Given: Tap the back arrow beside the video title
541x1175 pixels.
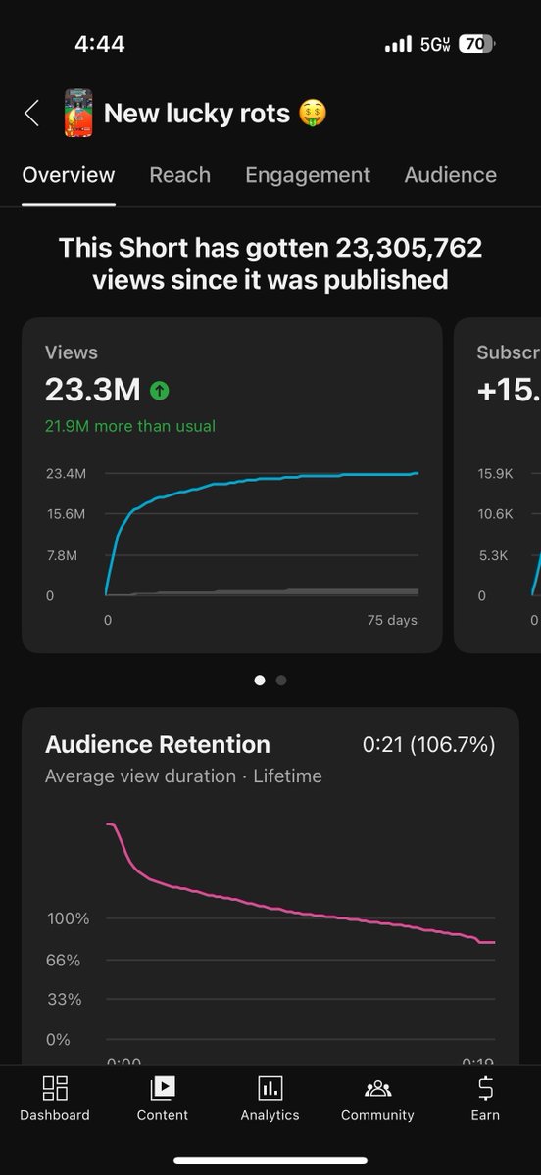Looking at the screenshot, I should (31, 114).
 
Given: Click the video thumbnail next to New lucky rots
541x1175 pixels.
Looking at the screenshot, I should (78, 113).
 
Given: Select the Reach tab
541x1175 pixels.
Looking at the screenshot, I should (179, 175).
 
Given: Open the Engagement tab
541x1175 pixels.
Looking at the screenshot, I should (308, 175).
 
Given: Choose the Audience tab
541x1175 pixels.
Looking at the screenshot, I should (450, 175).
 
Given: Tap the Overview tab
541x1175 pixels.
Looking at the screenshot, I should (69, 175).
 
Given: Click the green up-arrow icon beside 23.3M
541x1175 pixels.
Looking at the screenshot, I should (160, 391).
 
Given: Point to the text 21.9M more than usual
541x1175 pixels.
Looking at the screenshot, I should (130, 426).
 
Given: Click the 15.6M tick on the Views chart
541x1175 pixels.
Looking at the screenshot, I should (66, 514).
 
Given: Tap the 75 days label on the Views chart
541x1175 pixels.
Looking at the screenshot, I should (392, 620).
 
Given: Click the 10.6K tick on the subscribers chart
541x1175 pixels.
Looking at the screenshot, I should (495, 514).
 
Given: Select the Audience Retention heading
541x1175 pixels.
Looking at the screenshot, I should (158, 744).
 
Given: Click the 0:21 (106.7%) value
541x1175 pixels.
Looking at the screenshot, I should (428, 744).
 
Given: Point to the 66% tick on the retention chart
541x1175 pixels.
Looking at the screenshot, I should (64, 960).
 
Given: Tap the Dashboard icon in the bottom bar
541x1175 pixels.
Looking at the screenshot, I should (55, 1088).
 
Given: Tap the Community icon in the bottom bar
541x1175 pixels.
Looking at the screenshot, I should (377, 1088).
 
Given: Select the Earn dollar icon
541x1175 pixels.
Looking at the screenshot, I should (485, 1088).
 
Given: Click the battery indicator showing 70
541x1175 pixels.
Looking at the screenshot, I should (476, 44).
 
